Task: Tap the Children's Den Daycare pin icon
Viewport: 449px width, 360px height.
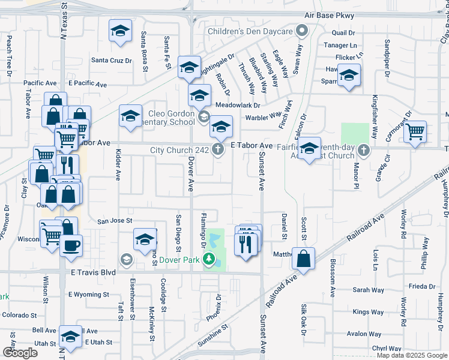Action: [303, 31]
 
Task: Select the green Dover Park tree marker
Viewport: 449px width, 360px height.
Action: [209, 259]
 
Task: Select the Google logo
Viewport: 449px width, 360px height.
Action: [20, 353]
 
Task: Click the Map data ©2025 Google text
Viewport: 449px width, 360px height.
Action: [412, 355]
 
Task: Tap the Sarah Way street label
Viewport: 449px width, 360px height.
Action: [368, 290]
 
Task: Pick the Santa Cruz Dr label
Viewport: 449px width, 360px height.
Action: [111, 61]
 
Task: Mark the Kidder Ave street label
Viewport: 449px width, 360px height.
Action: [118, 164]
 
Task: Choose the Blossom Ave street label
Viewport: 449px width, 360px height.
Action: [332, 279]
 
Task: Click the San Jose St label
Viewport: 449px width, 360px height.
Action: [115, 221]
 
